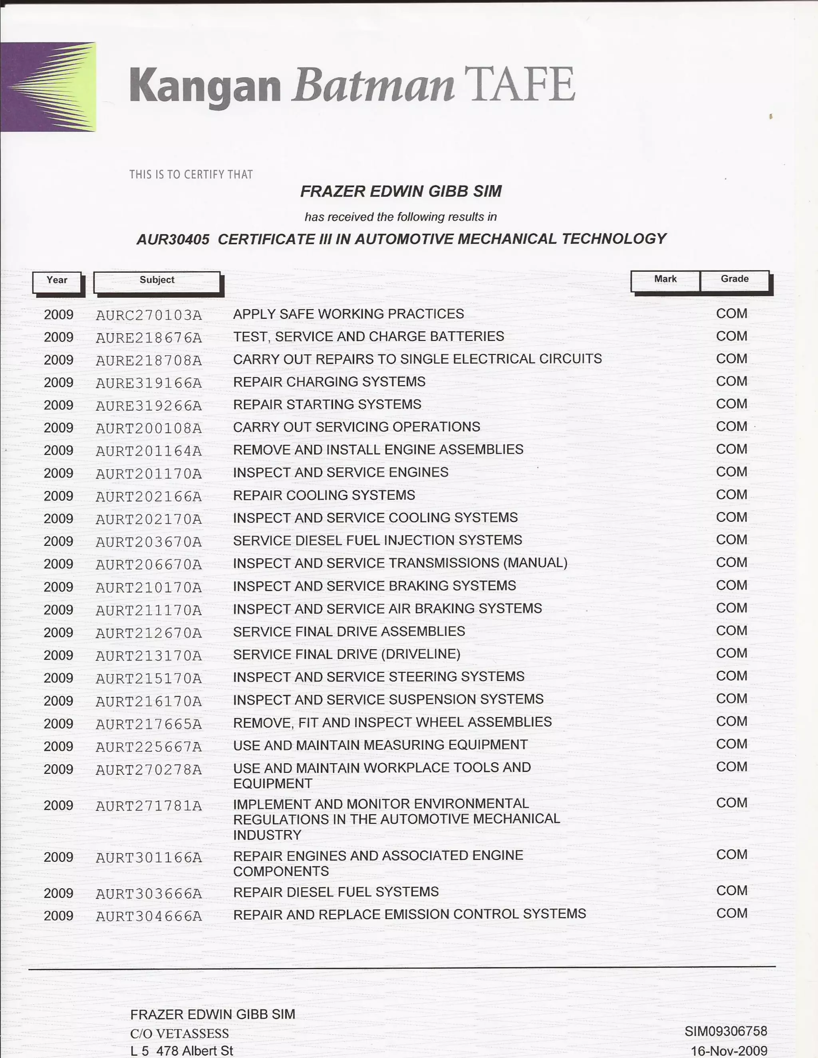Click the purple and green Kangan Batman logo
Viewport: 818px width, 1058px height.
pos(48,87)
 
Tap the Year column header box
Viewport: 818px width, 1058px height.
pos(57,281)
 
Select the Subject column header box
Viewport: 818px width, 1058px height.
pos(157,281)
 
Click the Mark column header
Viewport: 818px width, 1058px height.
pos(665,279)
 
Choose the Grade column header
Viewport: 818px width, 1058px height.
pos(734,279)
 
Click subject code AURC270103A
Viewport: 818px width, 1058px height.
pos(149,315)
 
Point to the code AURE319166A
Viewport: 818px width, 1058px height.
pos(149,383)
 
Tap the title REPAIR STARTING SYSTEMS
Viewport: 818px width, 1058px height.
pos(327,404)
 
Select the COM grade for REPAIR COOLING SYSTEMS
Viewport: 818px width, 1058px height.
pos(731,495)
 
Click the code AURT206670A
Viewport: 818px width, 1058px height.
pos(149,565)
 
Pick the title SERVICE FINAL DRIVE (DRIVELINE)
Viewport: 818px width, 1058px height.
pos(346,654)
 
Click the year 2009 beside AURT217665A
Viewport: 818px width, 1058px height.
pos(58,724)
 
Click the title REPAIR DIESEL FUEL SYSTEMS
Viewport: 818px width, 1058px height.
pos(336,892)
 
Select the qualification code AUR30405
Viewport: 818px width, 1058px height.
pos(173,239)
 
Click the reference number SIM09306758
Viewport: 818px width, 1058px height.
pos(725,1031)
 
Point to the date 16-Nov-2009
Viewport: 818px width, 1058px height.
pos(729,1051)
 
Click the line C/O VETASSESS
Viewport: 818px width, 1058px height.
pos(179,1033)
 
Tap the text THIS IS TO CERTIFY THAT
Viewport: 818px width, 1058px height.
pos(191,174)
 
